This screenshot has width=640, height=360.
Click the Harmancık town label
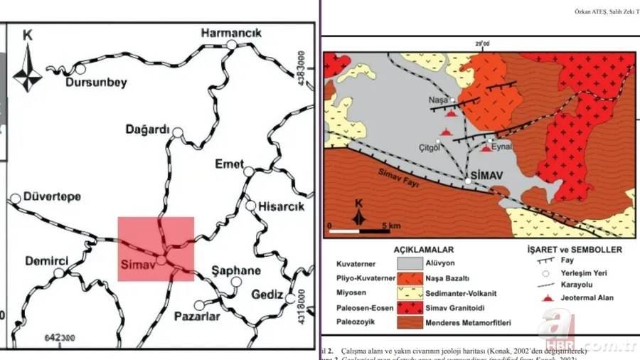click(232, 33)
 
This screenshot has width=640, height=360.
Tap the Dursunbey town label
click(96, 83)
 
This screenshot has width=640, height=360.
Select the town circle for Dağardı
click(178, 132)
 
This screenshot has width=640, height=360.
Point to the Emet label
click(229, 164)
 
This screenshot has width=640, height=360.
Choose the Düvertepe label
click(53, 196)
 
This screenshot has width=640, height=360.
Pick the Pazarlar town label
click(197, 317)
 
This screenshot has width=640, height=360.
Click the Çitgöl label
click(429, 148)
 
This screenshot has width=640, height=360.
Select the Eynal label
click(502, 146)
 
